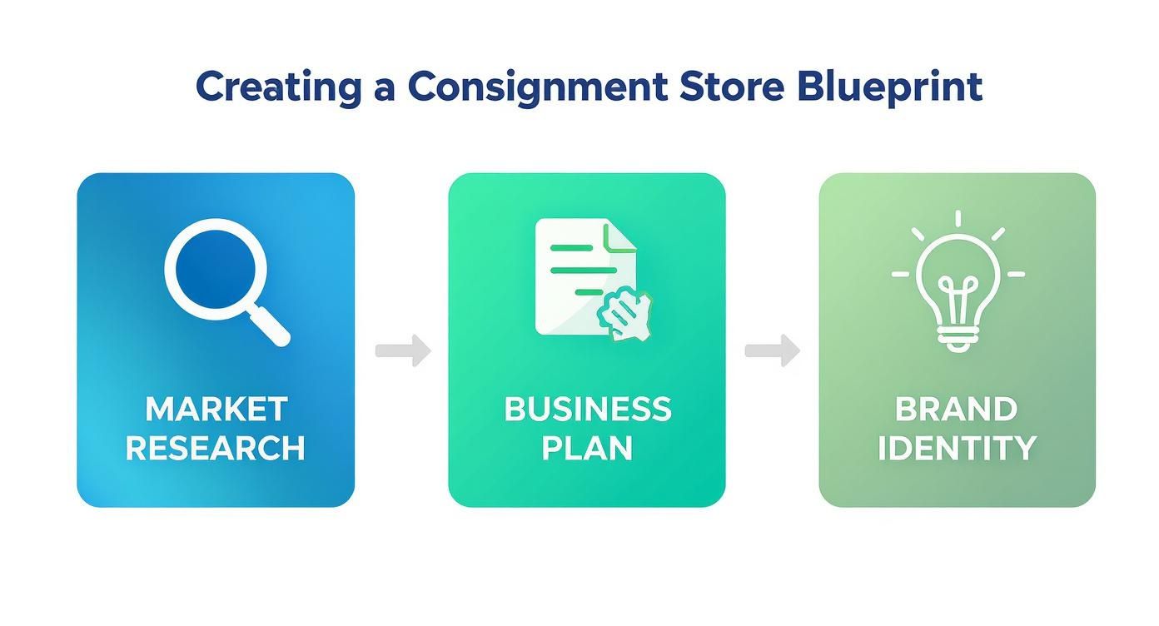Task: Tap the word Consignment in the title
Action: pos(537,88)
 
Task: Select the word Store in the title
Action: pos(732,87)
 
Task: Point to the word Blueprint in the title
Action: pos(889,88)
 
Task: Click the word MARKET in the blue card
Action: pos(216,409)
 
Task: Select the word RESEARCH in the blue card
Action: pos(216,448)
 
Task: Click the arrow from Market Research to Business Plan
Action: pos(403,350)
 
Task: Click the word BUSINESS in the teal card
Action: pos(587,409)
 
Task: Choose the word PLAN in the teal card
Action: pos(587,448)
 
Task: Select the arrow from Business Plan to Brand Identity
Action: pos(772,350)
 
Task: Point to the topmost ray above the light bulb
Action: pos(958,219)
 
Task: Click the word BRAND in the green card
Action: pos(957,409)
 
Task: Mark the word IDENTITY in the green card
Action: pos(957,448)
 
